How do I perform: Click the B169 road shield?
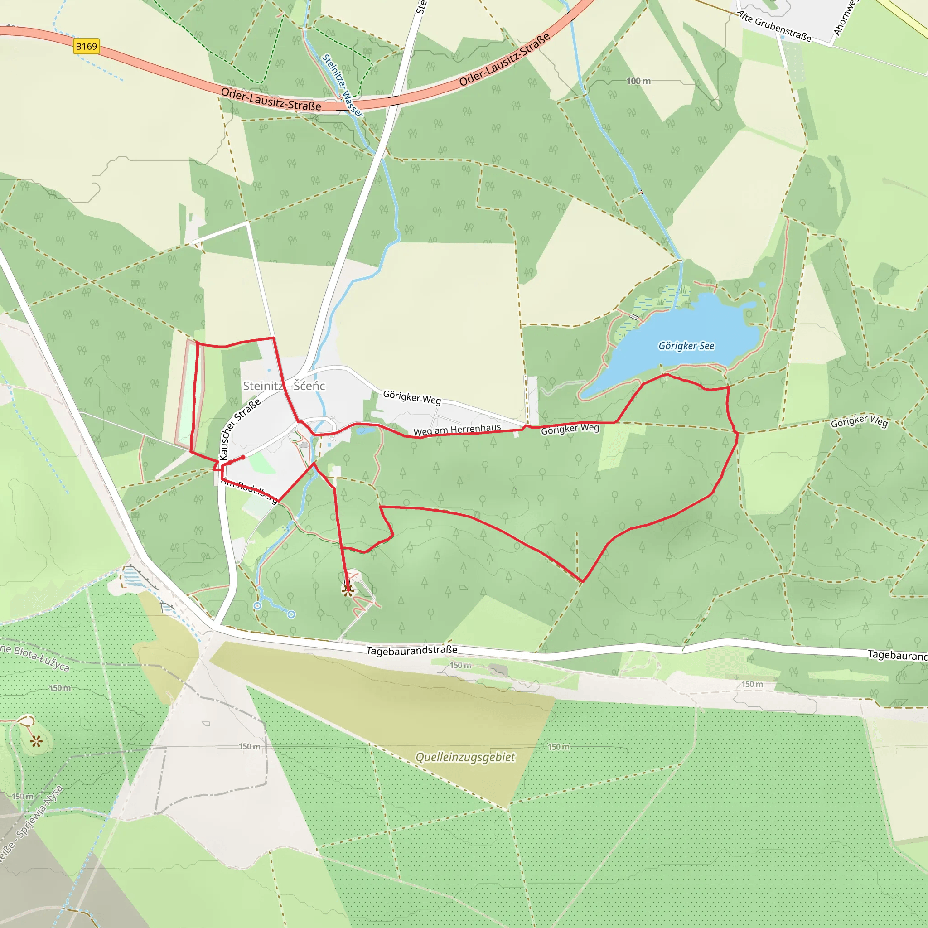point(87,47)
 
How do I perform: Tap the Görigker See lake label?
point(686,346)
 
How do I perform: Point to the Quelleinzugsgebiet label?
point(465,757)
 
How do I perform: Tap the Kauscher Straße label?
point(239,429)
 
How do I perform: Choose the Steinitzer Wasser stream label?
point(342,85)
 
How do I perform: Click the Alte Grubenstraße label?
point(774,26)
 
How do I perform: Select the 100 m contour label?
point(638,81)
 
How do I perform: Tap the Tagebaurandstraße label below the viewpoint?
point(411,650)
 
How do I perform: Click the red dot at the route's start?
point(243,458)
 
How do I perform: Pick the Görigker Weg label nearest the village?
point(411,397)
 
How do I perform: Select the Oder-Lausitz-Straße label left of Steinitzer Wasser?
point(271,99)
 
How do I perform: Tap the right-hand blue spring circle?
point(291,614)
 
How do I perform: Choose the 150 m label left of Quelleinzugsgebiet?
point(250,746)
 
